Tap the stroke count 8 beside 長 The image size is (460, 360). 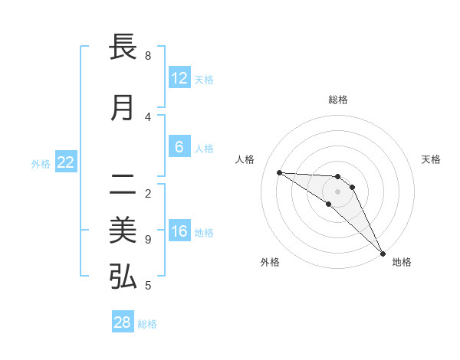(x=148, y=56)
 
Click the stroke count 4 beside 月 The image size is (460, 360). (x=148, y=117)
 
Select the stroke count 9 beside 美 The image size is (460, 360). (x=148, y=240)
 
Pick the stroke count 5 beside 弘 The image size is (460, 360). (x=148, y=286)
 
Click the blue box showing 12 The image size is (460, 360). (x=179, y=78)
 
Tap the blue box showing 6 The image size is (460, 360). (x=179, y=147)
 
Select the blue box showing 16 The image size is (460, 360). (x=179, y=231)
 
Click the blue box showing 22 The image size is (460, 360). (x=66, y=162)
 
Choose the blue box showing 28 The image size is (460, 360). (x=123, y=322)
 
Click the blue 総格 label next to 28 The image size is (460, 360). (x=147, y=324)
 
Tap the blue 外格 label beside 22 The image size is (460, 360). (x=41, y=163)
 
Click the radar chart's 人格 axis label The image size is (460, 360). (x=245, y=159)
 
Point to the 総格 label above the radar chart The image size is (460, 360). (x=338, y=100)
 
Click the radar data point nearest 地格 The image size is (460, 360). (x=383, y=253)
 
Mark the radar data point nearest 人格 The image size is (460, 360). (x=279, y=172)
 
